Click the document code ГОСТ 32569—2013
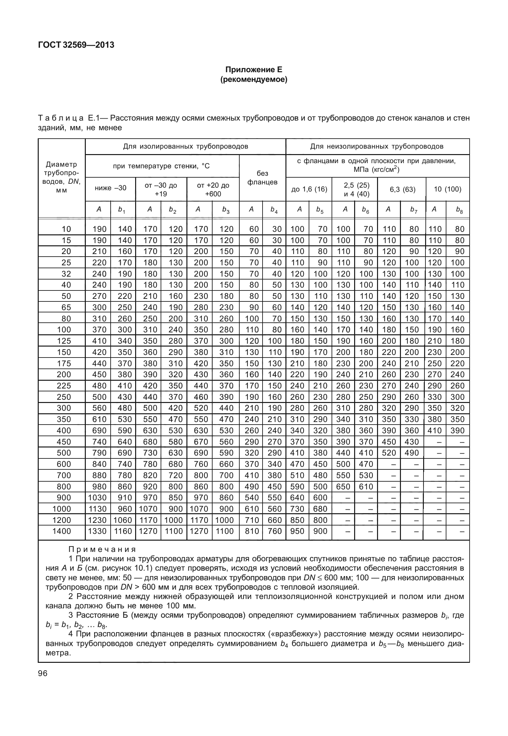tap(76, 45)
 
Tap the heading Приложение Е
tap(254, 70)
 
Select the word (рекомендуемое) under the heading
tap(254, 79)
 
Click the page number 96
tap(43, 673)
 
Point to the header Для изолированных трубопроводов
tap(185, 147)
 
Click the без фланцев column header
tap(262, 178)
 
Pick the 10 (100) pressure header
tap(447, 189)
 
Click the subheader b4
tap(274, 210)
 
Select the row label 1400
tap(61, 531)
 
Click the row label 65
tap(66, 307)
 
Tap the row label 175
tap(64, 363)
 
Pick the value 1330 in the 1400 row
tap(97, 531)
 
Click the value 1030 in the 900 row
tap(97, 497)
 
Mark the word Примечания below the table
tap(102, 549)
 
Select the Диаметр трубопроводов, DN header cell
tap(61, 177)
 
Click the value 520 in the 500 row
tap(389, 453)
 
